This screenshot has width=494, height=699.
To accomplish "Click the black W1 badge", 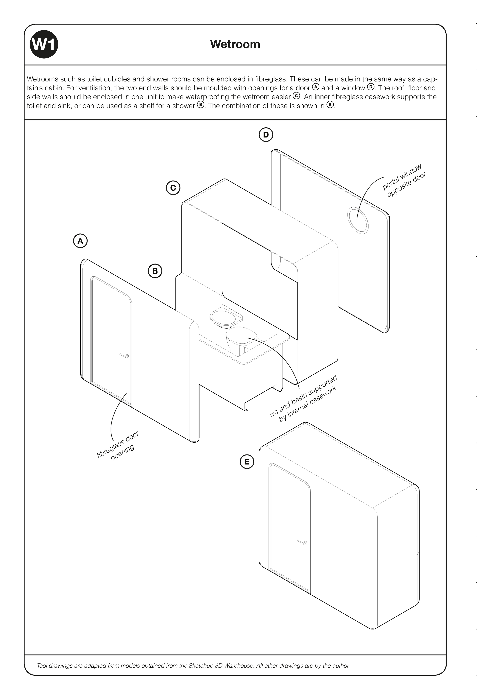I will coord(44,44).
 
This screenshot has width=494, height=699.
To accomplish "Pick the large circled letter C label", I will coord(173,188).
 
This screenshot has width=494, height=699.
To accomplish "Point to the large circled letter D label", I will coord(266,135).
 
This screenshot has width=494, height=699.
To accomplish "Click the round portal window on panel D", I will coord(358,221).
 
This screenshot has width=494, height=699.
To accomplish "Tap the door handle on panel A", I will coord(124,355).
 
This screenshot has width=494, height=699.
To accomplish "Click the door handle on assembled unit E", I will coord(303,542).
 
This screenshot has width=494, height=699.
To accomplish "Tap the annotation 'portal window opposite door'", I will coord(404,180).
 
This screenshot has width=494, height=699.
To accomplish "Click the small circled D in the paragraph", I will coord(370,87).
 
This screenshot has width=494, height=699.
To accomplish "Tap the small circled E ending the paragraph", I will coord(330,105).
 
